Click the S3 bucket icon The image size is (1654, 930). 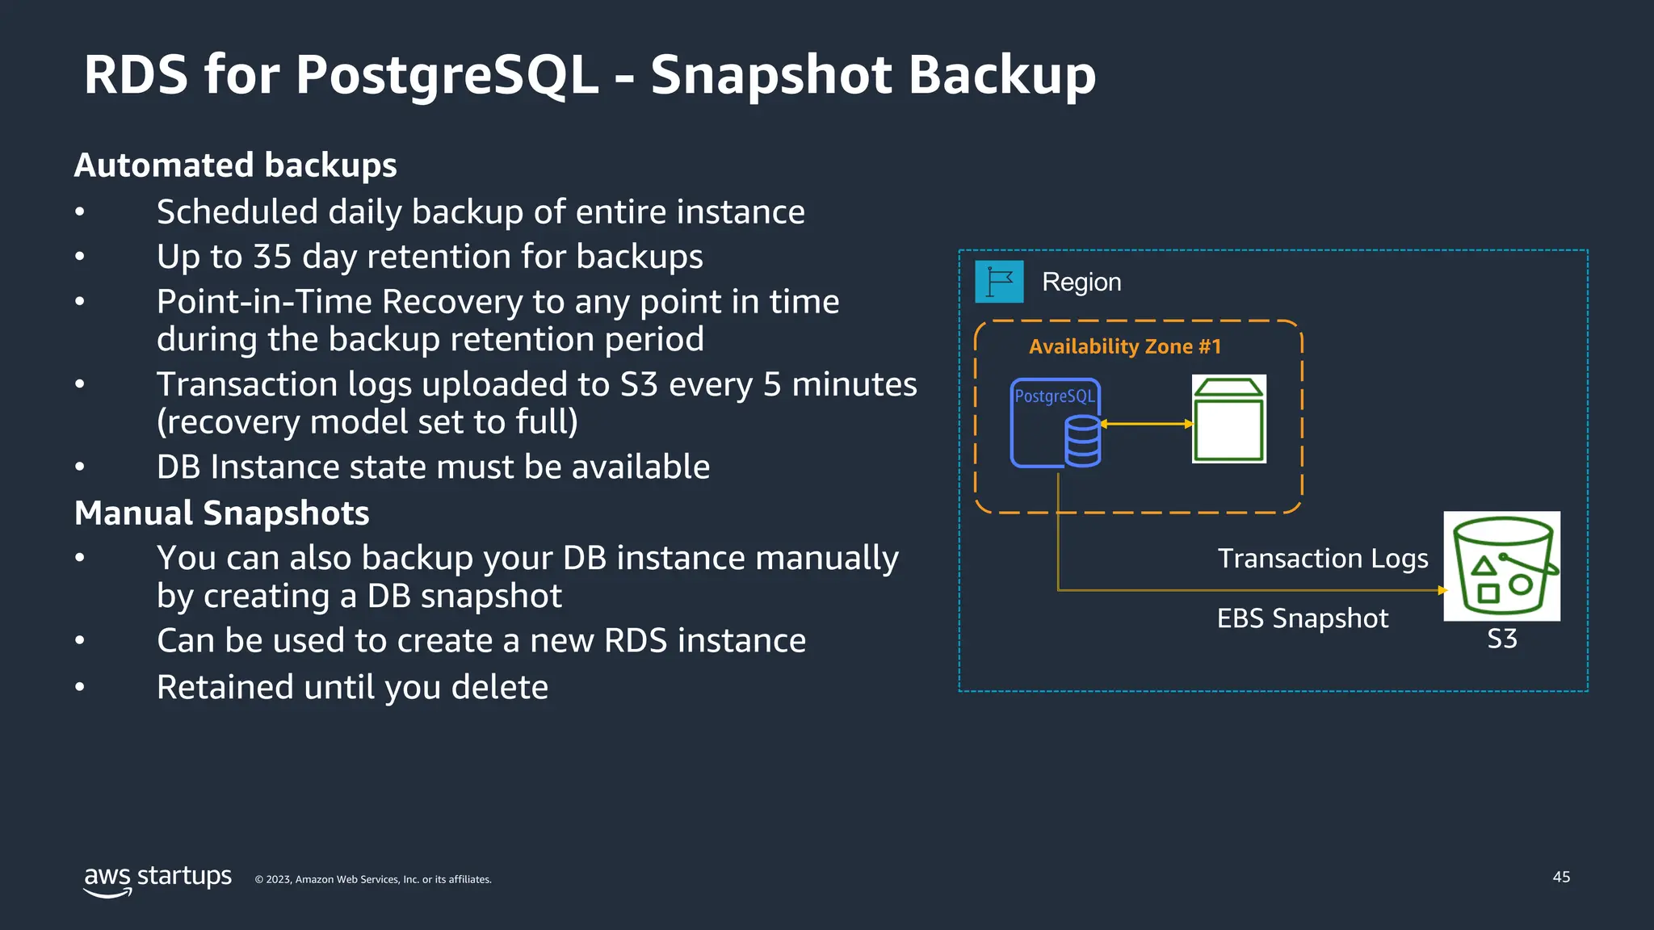[x=1501, y=566]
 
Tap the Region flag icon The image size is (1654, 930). [x=999, y=282]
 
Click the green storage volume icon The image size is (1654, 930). [x=1228, y=419]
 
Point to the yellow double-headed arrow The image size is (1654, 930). [x=1146, y=424]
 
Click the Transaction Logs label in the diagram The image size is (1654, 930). [x=1322, y=558]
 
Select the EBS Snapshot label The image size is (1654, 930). [x=1302, y=618]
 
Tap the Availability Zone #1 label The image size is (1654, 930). [x=1124, y=346]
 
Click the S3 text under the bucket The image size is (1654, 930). [x=1501, y=639]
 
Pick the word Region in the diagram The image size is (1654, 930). [x=1081, y=282]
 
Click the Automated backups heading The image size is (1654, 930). [x=235, y=165]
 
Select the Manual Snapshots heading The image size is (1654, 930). [x=221, y=513]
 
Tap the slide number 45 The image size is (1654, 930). [x=1561, y=877]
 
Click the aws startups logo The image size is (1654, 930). [x=157, y=879]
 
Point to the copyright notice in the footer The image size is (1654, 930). [x=373, y=879]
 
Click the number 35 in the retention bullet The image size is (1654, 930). [x=272, y=257]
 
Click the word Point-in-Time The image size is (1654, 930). [x=263, y=302]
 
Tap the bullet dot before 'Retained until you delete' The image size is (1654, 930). [x=79, y=687]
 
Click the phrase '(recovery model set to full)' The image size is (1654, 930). [x=367, y=422]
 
